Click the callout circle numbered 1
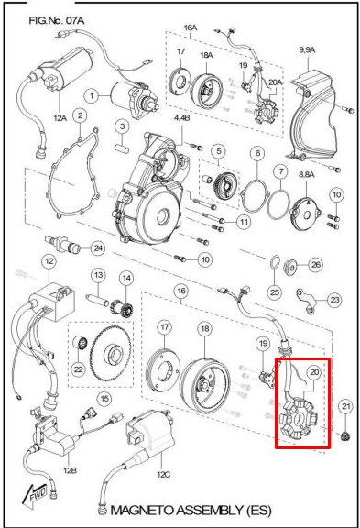(x=93, y=94)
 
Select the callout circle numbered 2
(x=81, y=116)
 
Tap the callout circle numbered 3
(x=121, y=125)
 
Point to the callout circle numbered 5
(x=218, y=150)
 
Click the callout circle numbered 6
(x=258, y=153)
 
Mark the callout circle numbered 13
(x=95, y=275)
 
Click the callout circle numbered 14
(x=126, y=279)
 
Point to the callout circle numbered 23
(x=333, y=300)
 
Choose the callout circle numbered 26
(x=316, y=264)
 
